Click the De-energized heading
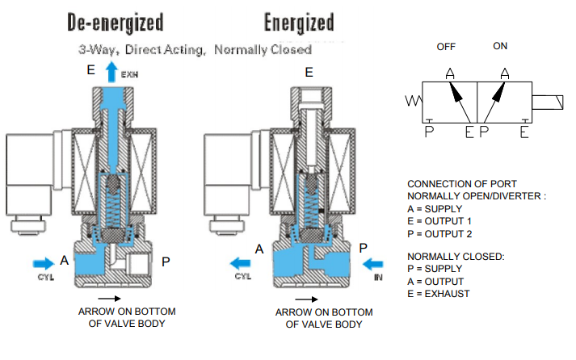coord(116,23)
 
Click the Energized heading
coord(299,23)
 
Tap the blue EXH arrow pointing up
coord(111,72)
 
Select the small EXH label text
coord(129,74)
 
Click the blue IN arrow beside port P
coord(372,264)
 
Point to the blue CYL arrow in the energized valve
coord(240,263)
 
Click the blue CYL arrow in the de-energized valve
coord(44,263)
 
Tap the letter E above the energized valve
coord(309,73)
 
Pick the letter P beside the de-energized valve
coord(166,262)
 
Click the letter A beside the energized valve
coord(259,249)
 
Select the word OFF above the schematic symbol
coord(446,47)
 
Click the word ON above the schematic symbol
coord(500,46)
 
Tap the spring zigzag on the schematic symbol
coord(414,101)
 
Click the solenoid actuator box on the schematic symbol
coord(548,103)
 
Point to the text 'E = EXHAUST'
coord(438,294)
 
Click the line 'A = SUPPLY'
coord(435,209)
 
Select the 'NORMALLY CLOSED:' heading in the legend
coord(456,257)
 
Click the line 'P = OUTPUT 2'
coord(439,234)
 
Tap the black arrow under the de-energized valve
coord(110,299)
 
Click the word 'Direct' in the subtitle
coord(143,49)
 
